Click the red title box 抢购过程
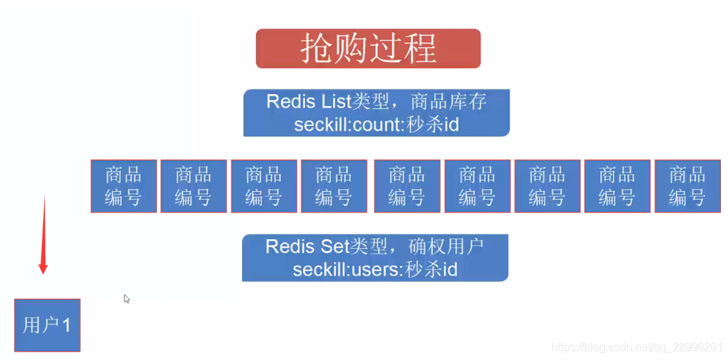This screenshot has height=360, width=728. coord(368,49)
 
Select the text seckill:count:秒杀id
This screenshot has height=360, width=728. coord(376,124)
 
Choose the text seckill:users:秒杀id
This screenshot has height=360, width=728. coord(375,269)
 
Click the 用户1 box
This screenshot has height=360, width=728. coord(47,325)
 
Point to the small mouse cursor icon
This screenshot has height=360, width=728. coord(126,299)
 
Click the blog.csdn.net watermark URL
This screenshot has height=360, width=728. coord(637,347)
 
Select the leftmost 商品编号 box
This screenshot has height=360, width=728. coord(123,186)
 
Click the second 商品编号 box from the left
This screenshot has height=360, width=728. coord(193,186)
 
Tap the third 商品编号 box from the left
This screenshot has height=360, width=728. coord(264,186)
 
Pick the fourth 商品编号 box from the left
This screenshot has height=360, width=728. coord(334,186)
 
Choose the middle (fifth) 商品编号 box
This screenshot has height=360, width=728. coord(407,186)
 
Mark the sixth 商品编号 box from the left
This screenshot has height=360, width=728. coord(477,186)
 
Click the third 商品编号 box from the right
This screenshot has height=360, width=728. coord(547,186)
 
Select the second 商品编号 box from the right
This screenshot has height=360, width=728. coord(617,186)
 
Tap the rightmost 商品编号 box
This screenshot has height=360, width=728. coord(687,186)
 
